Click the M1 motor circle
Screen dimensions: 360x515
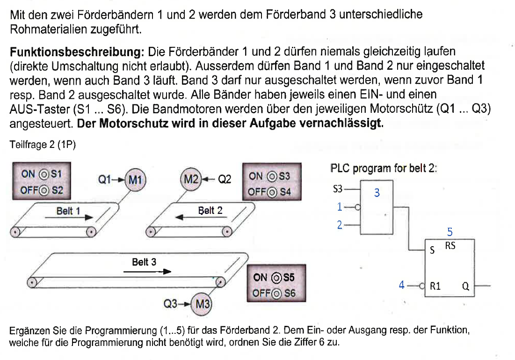[136, 179]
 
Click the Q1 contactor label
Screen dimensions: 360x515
[104, 179]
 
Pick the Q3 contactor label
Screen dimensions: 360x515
[170, 304]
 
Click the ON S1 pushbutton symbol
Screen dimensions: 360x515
[44, 174]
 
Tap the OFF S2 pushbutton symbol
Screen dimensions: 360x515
[44, 190]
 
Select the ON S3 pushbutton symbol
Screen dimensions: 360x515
[272, 176]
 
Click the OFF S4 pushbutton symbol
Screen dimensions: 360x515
[272, 192]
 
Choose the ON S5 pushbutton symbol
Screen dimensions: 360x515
[276, 278]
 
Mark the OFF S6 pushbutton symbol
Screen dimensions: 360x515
[276, 294]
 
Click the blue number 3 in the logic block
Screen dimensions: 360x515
[377, 193]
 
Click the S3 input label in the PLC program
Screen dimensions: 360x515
[338, 189]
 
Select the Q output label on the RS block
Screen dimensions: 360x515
[465, 287]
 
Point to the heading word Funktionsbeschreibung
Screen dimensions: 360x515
[77, 51]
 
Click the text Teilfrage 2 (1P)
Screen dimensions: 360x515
[43, 145]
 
